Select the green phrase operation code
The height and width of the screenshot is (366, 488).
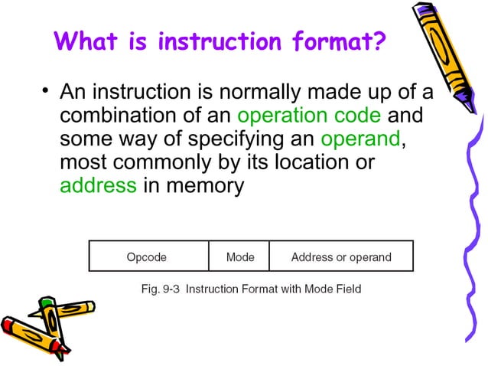[x=309, y=117]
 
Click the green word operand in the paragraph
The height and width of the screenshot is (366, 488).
[x=359, y=141]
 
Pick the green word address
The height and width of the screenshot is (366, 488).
[x=99, y=185]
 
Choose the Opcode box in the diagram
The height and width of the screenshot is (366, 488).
[x=147, y=257]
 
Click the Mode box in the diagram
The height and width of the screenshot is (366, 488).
[x=239, y=257]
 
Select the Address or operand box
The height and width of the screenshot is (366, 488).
[x=341, y=257]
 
